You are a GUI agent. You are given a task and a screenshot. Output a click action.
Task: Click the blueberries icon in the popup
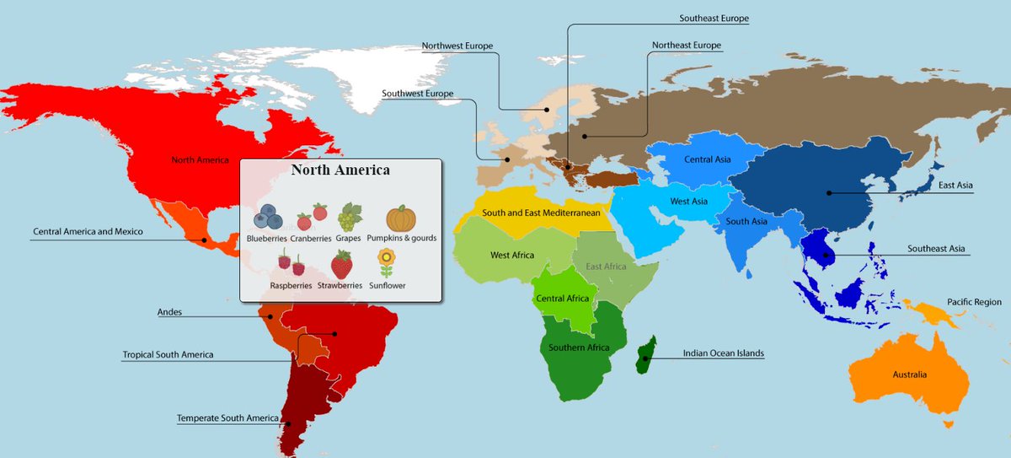pyautogui.click(x=269, y=218)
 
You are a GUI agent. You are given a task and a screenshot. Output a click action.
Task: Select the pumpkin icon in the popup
pyautogui.click(x=401, y=218)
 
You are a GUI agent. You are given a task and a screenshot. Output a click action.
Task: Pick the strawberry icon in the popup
pyautogui.click(x=341, y=265)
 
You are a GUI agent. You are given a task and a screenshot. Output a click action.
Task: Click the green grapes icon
pyautogui.click(x=349, y=218)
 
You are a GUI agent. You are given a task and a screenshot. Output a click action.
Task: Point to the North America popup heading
pyautogui.click(x=340, y=170)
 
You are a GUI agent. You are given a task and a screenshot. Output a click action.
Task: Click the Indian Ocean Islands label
pyautogui.click(x=724, y=354)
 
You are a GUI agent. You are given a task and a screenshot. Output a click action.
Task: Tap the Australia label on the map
pyautogui.click(x=909, y=374)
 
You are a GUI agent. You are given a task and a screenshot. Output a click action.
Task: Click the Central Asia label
pyautogui.click(x=707, y=159)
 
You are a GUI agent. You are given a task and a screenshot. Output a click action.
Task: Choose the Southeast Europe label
pyautogui.click(x=714, y=18)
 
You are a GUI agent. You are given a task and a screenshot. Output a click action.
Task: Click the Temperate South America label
pyautogui.click(x=227, y=418)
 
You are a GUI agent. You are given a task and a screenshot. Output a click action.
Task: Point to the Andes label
pyautogui.click(x=169, y=312)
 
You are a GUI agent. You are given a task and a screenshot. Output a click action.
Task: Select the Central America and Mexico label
pyautogui.click(x=88, y=231)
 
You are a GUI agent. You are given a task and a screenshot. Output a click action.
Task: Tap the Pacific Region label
pyautogui.click(x=974, y=301)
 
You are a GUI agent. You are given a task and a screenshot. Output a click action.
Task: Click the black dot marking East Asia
pyautogui.click(x=829, y=193)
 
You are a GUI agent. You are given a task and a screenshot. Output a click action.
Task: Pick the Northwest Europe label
pyautogui.click(x=457, y=46)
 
